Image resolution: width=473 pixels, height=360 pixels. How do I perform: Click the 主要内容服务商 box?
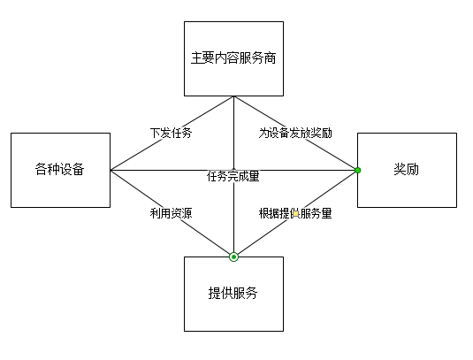click(233, 58)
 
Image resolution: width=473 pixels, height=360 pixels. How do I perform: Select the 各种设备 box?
click(60, 170)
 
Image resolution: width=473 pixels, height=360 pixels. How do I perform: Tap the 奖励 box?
click(407, 170)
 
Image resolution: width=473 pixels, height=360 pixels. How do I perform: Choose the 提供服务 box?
click(233, 294)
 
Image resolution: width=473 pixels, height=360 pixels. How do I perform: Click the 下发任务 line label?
click(171, 134)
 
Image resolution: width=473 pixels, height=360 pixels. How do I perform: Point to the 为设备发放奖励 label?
click(295, 134)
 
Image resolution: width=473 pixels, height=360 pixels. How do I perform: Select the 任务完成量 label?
click(233, 176)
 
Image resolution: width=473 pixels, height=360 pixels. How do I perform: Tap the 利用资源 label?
click(172, 213)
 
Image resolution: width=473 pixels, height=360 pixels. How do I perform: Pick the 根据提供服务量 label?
click(295, 213)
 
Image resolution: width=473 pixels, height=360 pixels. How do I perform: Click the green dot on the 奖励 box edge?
click(358, 169)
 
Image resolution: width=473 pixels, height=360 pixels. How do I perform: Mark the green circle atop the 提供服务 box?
click(233, 257)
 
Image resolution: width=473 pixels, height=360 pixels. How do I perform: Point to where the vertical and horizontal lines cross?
click(233, 169)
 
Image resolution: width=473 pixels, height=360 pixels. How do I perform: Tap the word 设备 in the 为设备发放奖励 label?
click(279, 134)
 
